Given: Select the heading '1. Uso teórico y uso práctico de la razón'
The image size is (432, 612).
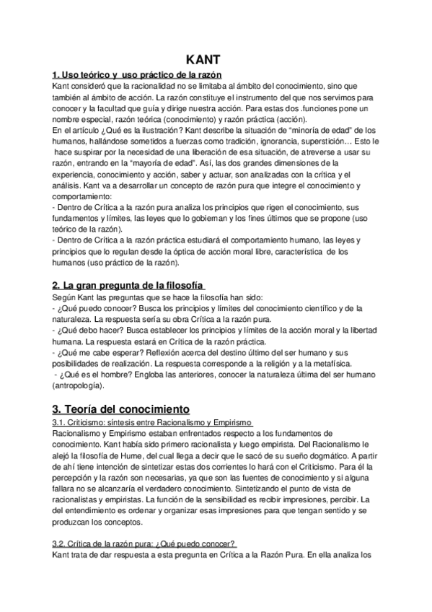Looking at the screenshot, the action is (x=137, y=75).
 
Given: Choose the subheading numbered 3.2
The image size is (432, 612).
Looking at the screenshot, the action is (x=144, y=543).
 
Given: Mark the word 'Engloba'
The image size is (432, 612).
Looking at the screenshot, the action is (x=149, y=375).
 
